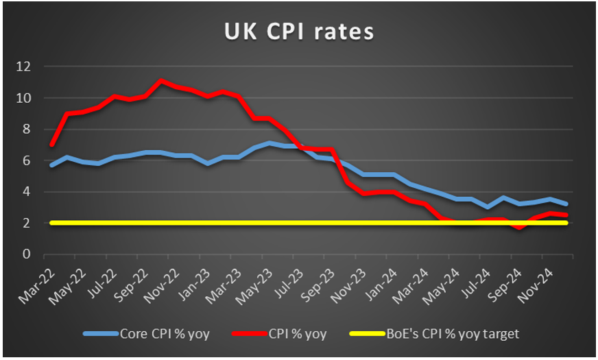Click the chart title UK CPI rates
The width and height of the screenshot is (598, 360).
298,32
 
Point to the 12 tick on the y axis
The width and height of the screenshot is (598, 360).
24,67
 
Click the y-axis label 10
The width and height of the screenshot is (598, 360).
24,98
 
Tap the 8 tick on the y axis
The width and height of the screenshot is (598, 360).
27,130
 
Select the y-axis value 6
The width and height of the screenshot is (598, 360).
27,160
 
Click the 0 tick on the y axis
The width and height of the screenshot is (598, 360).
27,254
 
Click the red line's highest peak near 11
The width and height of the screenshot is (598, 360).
160,81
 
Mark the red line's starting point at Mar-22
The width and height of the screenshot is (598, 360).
52,145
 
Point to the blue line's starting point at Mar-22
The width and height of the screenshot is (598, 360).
52,165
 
